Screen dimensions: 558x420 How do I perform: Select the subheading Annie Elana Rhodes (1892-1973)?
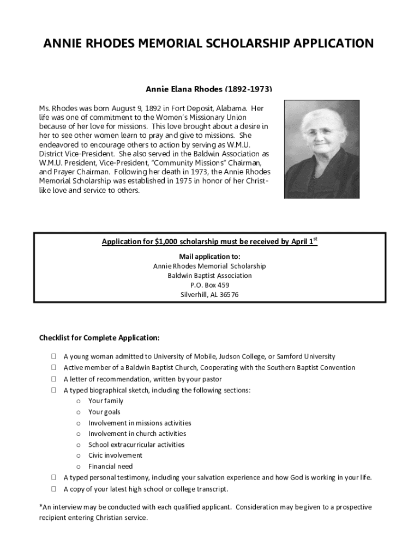point(209,89)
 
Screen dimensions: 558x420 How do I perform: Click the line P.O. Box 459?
point(209,285)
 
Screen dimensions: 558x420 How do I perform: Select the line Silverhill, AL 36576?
point(209,295)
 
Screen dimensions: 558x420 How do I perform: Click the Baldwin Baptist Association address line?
point(209,276)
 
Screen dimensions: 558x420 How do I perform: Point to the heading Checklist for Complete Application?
point(99,338)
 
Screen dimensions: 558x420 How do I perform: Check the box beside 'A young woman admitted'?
point(54,357)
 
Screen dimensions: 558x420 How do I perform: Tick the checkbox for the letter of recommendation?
point(54,379)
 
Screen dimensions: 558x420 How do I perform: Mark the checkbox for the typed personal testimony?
point(54,477)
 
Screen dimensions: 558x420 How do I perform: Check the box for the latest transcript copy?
point(54,489)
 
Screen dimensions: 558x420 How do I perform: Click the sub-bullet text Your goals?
point(104,412)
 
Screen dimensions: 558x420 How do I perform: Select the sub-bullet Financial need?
point(110,466)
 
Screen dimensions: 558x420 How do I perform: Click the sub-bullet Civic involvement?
point(115,456)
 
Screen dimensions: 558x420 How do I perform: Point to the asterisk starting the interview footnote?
point(41,507)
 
